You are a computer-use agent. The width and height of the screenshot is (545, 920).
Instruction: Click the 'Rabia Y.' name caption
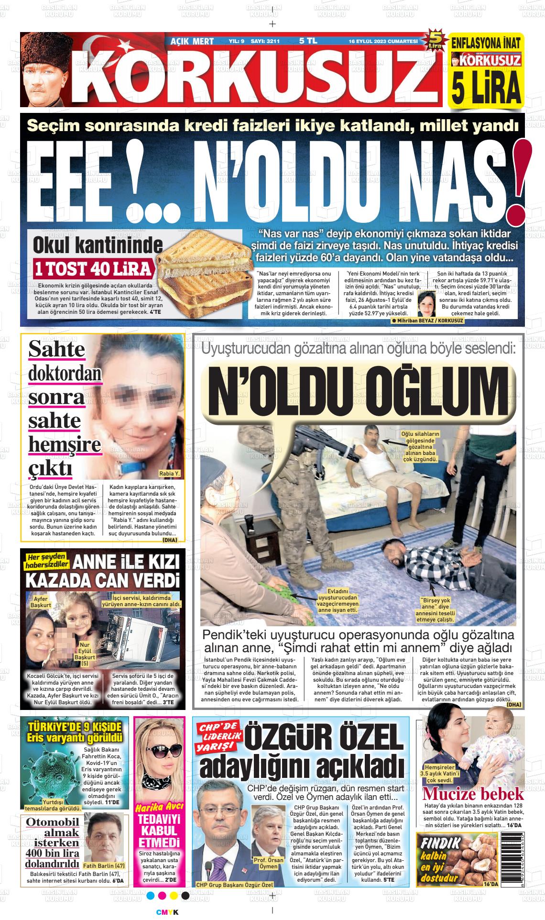[x=170, y=473]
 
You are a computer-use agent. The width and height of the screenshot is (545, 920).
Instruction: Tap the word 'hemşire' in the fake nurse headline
[x=65, y=445]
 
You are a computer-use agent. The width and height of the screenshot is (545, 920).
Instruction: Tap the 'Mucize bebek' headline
[x=473, y=794]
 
